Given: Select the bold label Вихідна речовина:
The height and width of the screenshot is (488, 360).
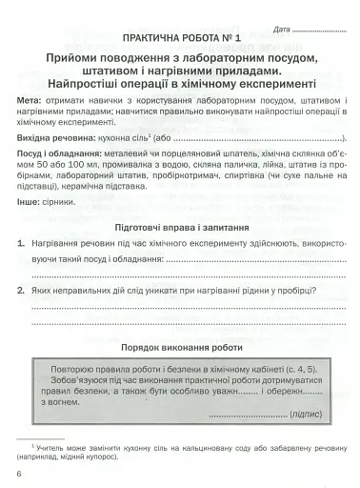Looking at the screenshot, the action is (x=61, y=165).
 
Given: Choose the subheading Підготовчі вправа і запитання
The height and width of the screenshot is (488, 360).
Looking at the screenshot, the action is (x=180, y=255).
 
